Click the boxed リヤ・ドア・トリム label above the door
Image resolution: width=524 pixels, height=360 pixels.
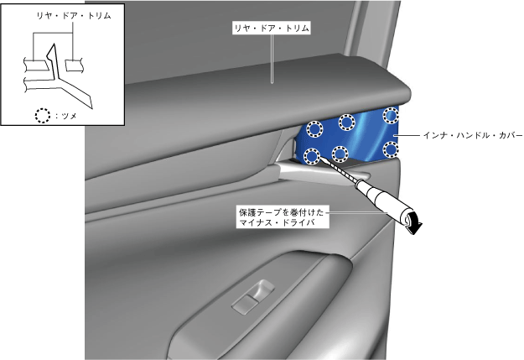pos(272,29)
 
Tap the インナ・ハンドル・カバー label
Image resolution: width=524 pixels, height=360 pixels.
pos(472,134)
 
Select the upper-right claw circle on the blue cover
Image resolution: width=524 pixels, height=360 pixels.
pos(391,114)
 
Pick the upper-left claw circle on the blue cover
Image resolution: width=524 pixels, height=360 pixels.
pos(314,129)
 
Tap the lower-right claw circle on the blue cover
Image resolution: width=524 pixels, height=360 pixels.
pos(389,149)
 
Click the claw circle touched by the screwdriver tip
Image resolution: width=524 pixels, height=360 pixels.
pos(310,155)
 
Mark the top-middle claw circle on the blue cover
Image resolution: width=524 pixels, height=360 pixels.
pos(345,123)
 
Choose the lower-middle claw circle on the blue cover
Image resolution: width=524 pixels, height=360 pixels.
pos(340,153)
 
